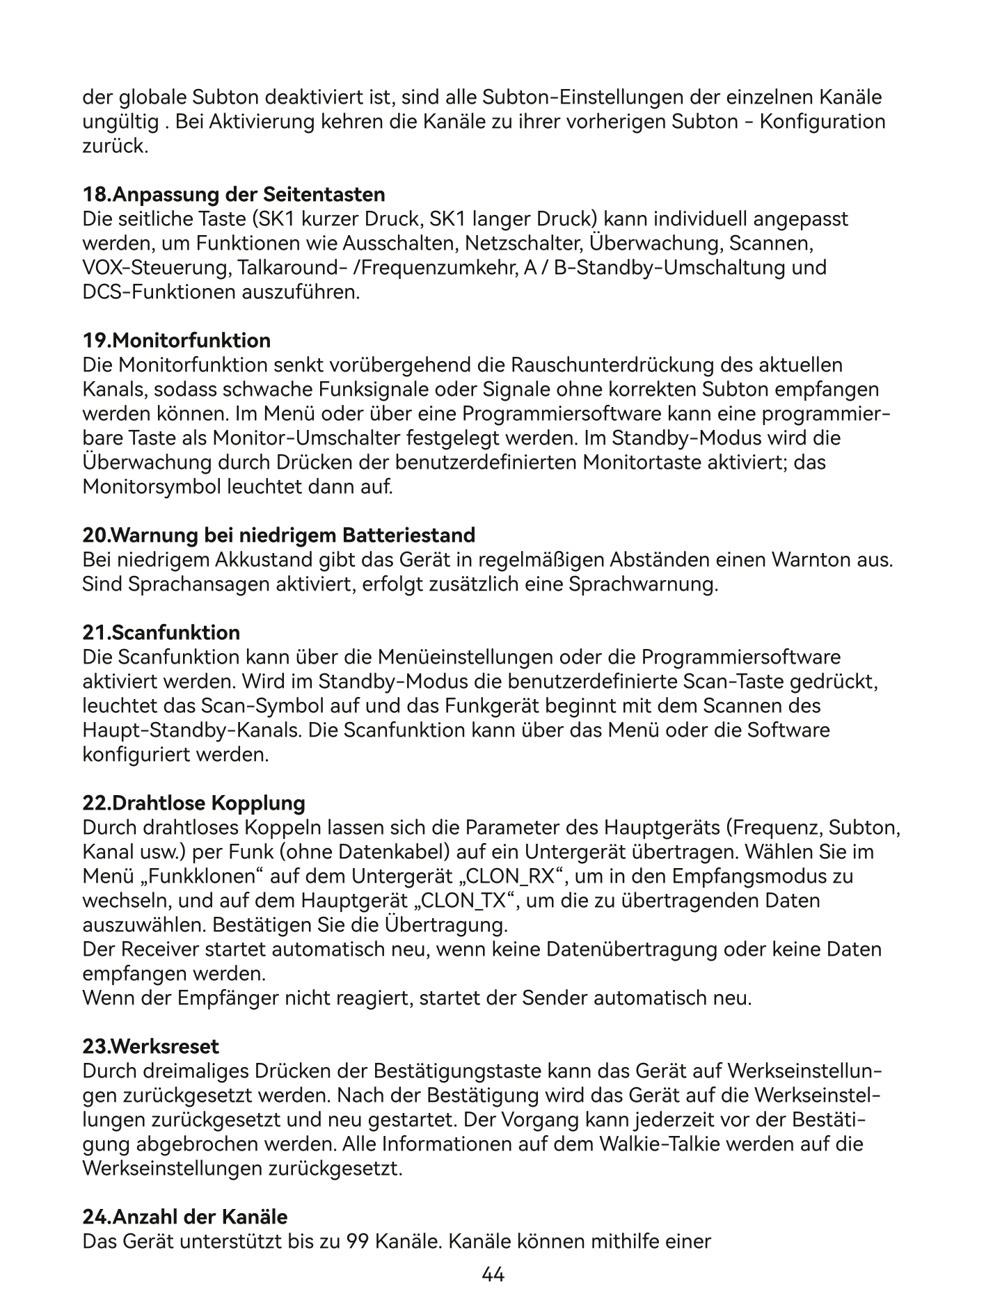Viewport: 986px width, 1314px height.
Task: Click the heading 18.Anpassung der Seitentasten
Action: [234, 193]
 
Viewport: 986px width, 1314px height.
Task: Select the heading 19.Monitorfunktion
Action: [177, 340]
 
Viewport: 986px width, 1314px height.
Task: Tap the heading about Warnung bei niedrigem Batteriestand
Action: [279, 535]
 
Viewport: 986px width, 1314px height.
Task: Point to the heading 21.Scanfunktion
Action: [161, 632]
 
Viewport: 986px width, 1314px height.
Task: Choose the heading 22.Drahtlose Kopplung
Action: [194, 803]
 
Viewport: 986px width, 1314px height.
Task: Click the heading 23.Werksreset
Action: [151, 1046]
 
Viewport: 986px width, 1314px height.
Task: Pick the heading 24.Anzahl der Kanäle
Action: [185, 1217]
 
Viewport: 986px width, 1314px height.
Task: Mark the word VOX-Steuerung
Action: [157, 268]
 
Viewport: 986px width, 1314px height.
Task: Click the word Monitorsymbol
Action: [152, 486]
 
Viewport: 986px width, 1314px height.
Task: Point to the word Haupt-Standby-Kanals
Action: [192, 730]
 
